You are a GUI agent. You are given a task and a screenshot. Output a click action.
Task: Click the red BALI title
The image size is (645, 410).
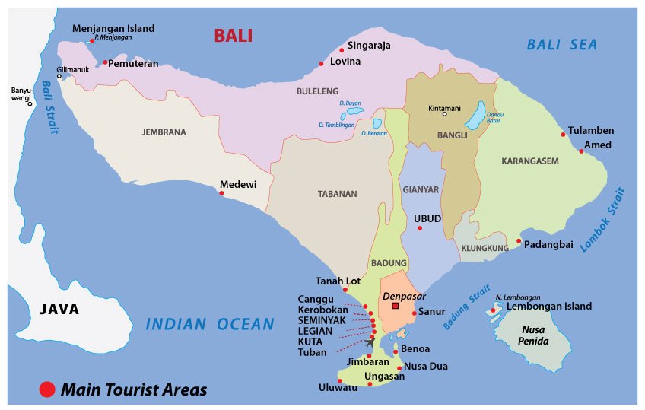point(233,36)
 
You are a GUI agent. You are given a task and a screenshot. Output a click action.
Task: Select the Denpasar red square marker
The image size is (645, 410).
point(395,306)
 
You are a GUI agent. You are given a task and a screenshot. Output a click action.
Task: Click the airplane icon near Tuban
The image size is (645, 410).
point(370,341)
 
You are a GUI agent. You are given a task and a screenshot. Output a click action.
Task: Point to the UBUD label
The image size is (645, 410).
point(427,218)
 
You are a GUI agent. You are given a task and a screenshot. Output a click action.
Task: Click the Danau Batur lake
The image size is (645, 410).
point(475,116)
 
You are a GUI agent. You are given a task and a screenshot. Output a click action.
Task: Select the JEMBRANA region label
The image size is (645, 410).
point(164,132)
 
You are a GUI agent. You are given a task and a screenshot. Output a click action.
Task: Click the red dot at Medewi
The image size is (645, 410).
point(221,192)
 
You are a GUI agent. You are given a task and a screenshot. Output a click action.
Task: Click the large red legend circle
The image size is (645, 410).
point(47,389)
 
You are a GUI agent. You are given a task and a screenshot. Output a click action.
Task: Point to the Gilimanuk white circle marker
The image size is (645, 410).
point(59,76)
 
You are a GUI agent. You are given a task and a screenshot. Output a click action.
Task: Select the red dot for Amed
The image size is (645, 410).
point(581,151)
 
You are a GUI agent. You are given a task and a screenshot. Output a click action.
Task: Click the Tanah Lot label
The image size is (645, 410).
point(337,281)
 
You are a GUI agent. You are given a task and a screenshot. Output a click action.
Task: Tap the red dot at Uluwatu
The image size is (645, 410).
point(340,381)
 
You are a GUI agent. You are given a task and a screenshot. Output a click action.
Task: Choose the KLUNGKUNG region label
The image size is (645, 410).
point(485,248)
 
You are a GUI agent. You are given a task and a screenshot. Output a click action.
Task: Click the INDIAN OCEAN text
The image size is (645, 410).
point(209,325)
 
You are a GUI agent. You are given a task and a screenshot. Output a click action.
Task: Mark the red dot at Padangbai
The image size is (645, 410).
point(519,241)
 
